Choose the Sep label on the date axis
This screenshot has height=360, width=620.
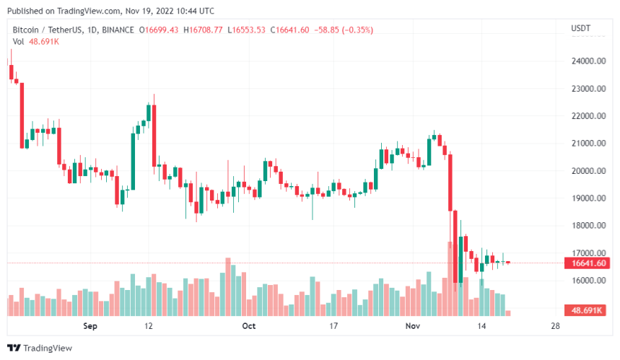pyautogui.click(x=89, y=326)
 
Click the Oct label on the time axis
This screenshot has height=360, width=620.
pyautogui.click(x=249, y=326)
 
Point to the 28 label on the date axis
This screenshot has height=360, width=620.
pyautogui.click(x=554, y=326)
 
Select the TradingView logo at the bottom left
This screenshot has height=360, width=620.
pyautogui.click(x=44, y=348)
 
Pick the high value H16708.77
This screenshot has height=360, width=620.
pyautogui.click(x=204, y=30)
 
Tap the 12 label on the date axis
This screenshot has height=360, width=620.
pyautogui.click(x=149, y=326)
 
